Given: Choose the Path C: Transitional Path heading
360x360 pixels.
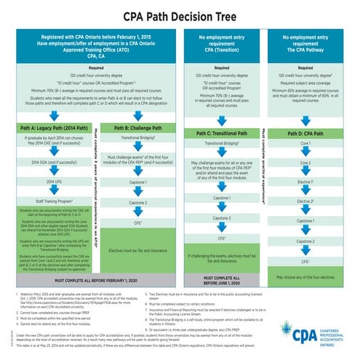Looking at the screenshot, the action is (x=223, y=133).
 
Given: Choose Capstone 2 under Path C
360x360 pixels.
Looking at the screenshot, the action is (x=223, y=218).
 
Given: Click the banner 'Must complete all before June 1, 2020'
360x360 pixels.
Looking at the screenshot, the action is (x=223, y=279).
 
